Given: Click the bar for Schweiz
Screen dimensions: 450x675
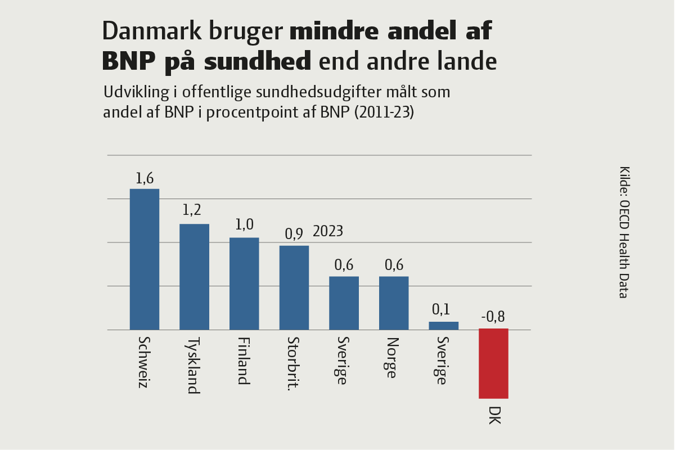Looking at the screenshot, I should tap(145, 259).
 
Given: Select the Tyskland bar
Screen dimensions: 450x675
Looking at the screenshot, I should tap(194, 277).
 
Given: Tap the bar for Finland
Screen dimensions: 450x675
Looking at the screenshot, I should tap(244, 283).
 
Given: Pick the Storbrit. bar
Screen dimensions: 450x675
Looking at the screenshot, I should tap(294, 287).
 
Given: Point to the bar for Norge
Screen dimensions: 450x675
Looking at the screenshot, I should tap(394, 303).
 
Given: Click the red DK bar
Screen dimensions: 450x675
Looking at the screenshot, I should tap(493, 363).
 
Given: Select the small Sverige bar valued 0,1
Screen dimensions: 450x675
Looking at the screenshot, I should tap(444, 326).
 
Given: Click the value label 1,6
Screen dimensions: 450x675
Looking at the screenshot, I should tap(145, 178).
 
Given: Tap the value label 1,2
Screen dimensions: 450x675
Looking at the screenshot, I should tap(192, 210).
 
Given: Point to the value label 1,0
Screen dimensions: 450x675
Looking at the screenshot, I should tap(244, 224).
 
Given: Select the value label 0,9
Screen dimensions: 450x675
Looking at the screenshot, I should tap(294, 233).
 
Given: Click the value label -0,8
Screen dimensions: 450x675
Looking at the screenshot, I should tap(493, 317).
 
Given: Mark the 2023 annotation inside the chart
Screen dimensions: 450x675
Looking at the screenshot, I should tap(328, 231).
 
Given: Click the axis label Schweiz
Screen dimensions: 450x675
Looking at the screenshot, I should tap(144, 363).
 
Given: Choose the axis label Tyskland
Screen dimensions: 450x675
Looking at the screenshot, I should tap(193, 366).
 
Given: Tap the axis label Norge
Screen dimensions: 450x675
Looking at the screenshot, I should tap(393, 358).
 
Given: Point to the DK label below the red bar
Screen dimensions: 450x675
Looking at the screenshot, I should tap(494, 415).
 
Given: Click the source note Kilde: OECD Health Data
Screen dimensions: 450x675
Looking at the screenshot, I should tap(624, 232).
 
